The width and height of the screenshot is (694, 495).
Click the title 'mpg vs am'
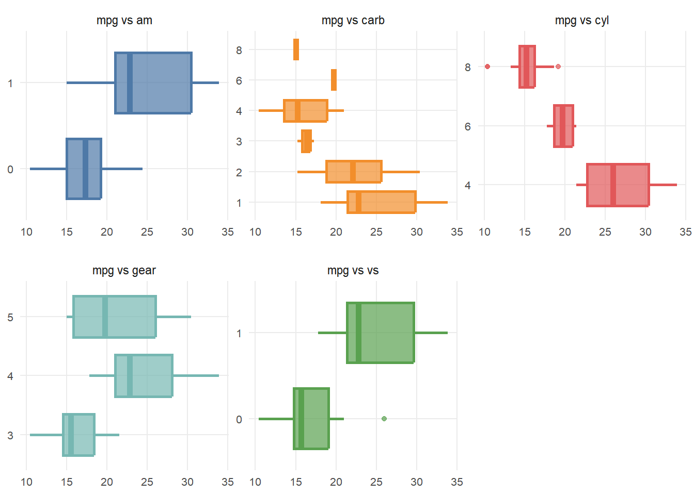tap(124, 21)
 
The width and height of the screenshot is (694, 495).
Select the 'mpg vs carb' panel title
tap(353, 21)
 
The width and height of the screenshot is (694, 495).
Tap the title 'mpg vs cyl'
tap(581, 21)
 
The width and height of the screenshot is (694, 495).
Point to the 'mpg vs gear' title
tap(124, 271)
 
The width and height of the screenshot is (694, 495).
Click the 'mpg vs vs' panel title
tap(353, 271)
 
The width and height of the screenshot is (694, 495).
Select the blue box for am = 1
tap(153, 82)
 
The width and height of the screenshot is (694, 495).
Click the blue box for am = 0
tap(84, 169)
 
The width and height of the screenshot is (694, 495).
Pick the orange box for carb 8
tap(296, 49)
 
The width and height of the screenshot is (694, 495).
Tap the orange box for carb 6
tap(334, 80)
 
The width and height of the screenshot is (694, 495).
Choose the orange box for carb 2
tap(354, 172)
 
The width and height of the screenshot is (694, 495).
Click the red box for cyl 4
tap(618, 185)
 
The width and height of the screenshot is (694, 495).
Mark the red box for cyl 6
tap(563, 126)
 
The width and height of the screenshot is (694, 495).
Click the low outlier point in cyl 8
tap(487, 67)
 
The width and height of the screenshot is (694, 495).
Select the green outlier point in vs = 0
tap(384, 419)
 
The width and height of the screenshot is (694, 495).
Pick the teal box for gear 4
tap(144, 376)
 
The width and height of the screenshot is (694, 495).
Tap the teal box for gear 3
tap(78, 435)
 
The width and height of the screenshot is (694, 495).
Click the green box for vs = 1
tap(381, 333)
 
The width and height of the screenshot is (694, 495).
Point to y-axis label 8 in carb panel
tap(239, 51)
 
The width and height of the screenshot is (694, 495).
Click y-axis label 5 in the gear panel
tap(10, 317)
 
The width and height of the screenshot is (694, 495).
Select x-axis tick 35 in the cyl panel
tap(685, 232)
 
